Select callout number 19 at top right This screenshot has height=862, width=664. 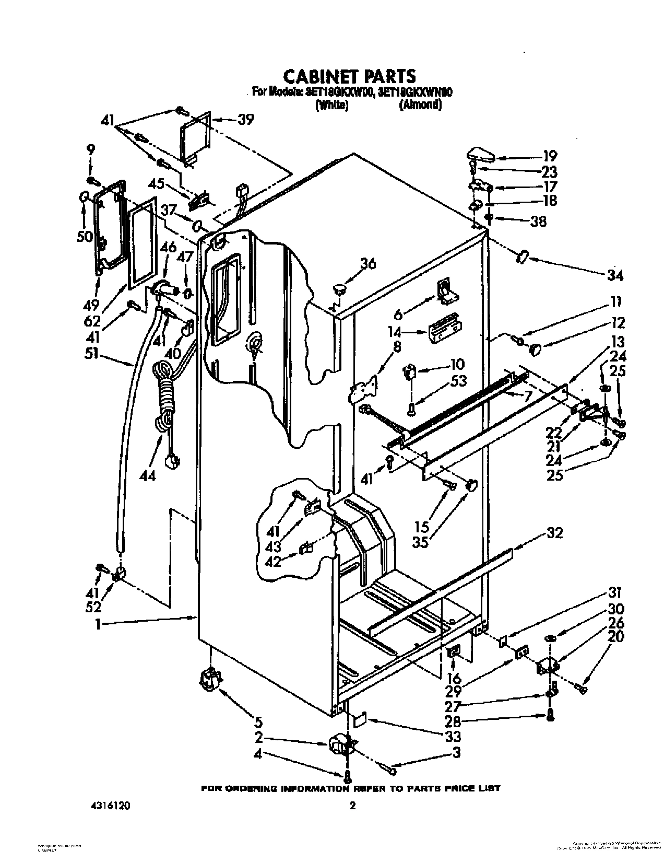click(550, 156)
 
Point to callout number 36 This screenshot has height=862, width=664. click(367, 264)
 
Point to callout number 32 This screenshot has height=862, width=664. click(554, 533)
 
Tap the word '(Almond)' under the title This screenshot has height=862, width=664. click(421, 105)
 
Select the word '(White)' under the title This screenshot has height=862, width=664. click(331, 105)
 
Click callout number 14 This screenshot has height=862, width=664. click(394, 332)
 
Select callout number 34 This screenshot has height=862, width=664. click(616, 275)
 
